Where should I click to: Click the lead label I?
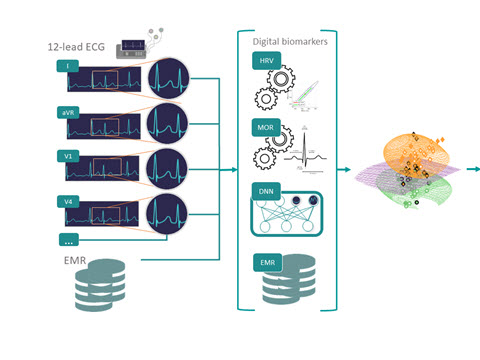68,66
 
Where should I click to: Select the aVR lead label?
68,113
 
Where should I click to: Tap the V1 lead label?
68,156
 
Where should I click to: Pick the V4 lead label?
68,202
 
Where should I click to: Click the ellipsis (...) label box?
69,240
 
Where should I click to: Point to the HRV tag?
266,61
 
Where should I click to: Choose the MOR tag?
266,127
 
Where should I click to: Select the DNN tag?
266,191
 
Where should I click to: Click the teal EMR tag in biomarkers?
268,263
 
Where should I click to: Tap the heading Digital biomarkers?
290,42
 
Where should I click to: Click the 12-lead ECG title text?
76,47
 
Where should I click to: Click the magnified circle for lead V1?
167,169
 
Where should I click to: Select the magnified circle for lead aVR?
167,123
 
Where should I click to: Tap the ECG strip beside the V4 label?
102,214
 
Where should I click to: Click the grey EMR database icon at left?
100,285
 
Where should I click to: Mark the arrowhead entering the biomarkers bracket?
235,170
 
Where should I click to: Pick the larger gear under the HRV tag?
281,79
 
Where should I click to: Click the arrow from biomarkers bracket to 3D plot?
344,170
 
